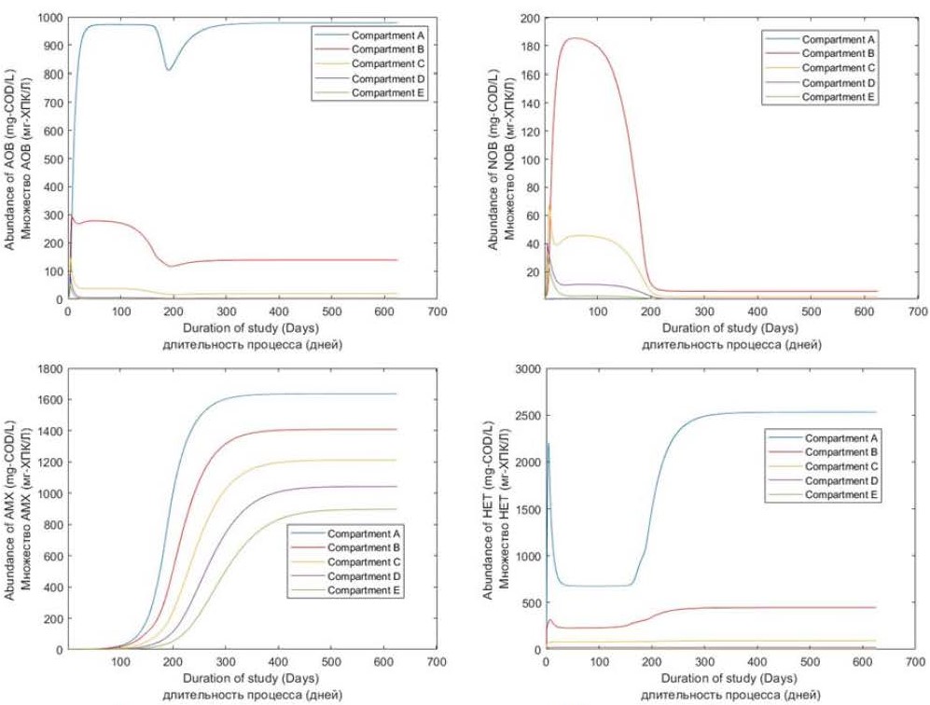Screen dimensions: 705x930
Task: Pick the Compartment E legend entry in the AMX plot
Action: tap(366, 590)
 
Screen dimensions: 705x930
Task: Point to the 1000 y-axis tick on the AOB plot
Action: tap(47, 18)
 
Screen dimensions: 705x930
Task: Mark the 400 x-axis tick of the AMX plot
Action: tap(277, 663)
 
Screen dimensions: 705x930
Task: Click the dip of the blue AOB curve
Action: tap(169, 69)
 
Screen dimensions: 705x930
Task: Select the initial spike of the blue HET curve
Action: tap(548, 444)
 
